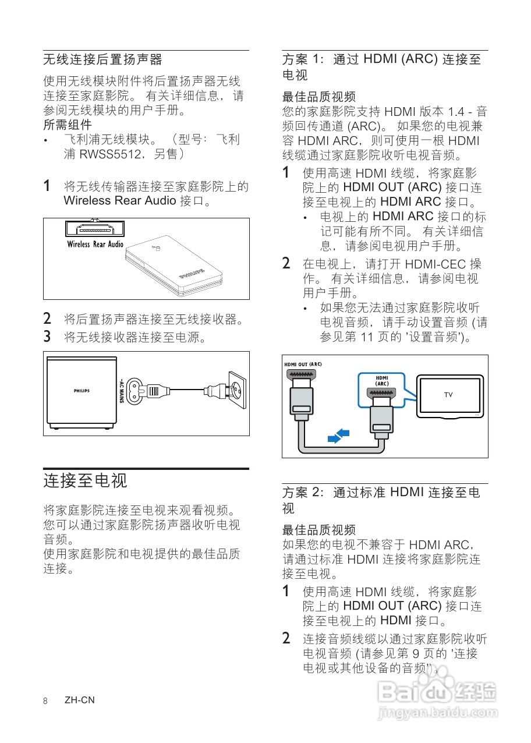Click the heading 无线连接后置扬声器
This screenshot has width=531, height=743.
[102, 59]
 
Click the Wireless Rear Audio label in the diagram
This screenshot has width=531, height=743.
[95, 245]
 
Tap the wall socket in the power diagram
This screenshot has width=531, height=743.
[236, 388]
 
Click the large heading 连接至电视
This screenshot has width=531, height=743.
[85, 481]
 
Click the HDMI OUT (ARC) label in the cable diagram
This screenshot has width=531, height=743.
[303, 365]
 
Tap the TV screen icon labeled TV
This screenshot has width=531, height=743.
[448, 395]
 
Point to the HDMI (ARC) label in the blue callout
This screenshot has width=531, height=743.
[381, 381]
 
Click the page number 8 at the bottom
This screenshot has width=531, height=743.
[45, 700]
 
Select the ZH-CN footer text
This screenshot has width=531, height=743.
[80, 700]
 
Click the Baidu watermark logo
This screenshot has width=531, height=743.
[437, 693]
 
